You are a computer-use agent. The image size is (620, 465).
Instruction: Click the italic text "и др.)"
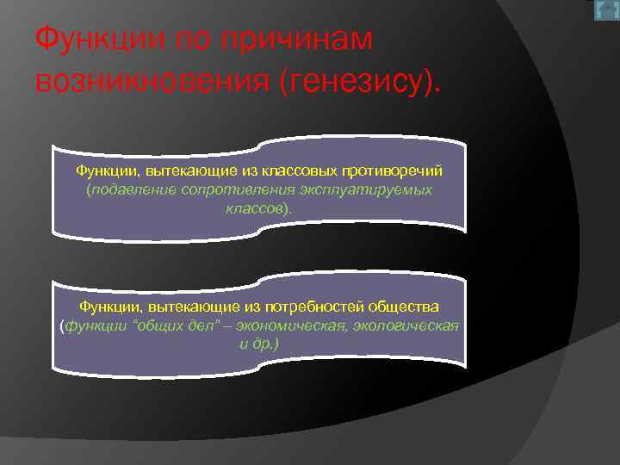[258, 344]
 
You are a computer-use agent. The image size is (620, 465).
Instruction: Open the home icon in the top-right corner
[606, 10]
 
